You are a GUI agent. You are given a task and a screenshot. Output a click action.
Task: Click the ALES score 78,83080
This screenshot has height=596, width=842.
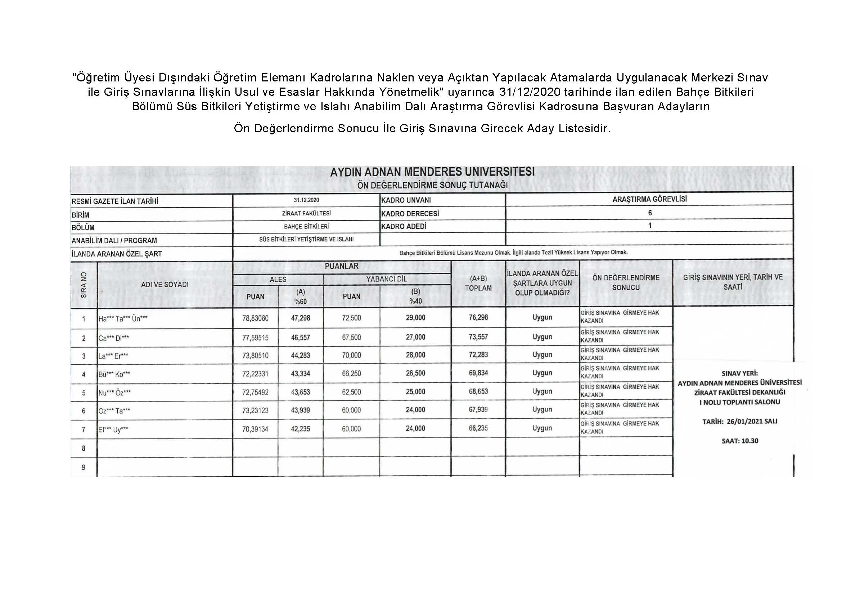pyautogui.click(x=255, y=318)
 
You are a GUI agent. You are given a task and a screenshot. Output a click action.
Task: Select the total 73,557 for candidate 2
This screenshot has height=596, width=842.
pyautogui.click(x=478, y=337)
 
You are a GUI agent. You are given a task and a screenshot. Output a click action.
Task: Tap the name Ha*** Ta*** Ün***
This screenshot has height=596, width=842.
pyautogui.click(x=123, y=319)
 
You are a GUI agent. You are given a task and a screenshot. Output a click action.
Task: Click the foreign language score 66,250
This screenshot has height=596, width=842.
pyautogui.click(x=351, y=373)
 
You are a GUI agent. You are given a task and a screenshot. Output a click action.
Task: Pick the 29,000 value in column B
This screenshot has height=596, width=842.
pyautogui.click(x=415, y=318)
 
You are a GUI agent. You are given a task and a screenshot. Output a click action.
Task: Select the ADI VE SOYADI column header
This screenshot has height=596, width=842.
pyautogui.click(x=165, y=284)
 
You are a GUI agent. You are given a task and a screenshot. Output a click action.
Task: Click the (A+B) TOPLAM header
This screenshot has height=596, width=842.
pyautogui.click(x=478, y=283)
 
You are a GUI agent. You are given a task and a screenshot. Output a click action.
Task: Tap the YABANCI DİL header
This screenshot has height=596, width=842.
pyautogui.click(x=387, y=279)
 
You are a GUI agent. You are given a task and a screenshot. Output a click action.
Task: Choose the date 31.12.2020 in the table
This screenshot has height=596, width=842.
pyautogui.click(x=306, y=200)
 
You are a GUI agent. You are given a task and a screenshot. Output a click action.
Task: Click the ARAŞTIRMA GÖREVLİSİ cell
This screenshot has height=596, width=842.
pyautogui.click(x=649, y=199)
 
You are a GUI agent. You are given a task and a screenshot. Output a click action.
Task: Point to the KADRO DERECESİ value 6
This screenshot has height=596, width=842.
pyautogui.click(x=650, y=213)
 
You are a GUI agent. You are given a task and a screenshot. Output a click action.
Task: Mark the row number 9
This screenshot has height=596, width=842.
pyautogui.click(x=84, y=467)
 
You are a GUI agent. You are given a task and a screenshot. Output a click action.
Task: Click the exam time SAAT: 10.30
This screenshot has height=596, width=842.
pyautogui.click(x=740, y=441)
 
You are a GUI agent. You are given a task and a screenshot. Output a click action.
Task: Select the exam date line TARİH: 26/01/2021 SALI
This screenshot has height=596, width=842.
pyautogui.click(x=740, y=422)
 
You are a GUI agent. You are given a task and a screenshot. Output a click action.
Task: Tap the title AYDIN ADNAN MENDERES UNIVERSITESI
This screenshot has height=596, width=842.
pyautogui.click(x=432, y=172)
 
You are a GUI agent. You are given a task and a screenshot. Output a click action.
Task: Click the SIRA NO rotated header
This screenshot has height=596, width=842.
pyautogui.click(x=84, y=285)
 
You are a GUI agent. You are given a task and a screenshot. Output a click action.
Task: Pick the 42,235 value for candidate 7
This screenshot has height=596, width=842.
pyautogui.click(x=300, y=429)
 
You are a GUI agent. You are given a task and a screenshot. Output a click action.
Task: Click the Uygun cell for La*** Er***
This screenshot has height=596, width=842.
pyautogui.click(x=542, y=355)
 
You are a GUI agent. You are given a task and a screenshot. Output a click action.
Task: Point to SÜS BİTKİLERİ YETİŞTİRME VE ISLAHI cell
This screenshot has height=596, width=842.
pyautogui.click(x=306, y=239)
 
